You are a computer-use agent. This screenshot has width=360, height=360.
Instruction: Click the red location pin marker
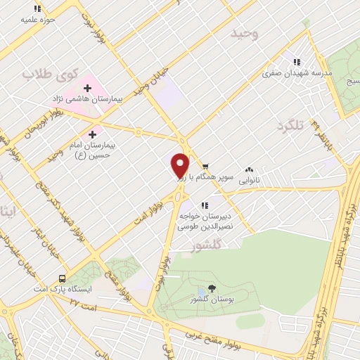(x=180, y=165)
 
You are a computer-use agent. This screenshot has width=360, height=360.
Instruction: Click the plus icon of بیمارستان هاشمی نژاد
(x=87, y=88)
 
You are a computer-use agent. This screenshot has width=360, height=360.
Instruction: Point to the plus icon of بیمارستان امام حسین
(x=93, y=133)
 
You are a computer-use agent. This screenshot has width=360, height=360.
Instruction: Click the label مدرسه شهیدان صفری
(x=297, y=72)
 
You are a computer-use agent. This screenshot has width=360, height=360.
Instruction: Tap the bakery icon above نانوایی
(x=249, y=169)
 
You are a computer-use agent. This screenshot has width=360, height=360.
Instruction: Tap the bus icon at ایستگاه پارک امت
(x=62, y=278)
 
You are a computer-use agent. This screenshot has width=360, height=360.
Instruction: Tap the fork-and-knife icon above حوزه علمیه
(x=38, y=8)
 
